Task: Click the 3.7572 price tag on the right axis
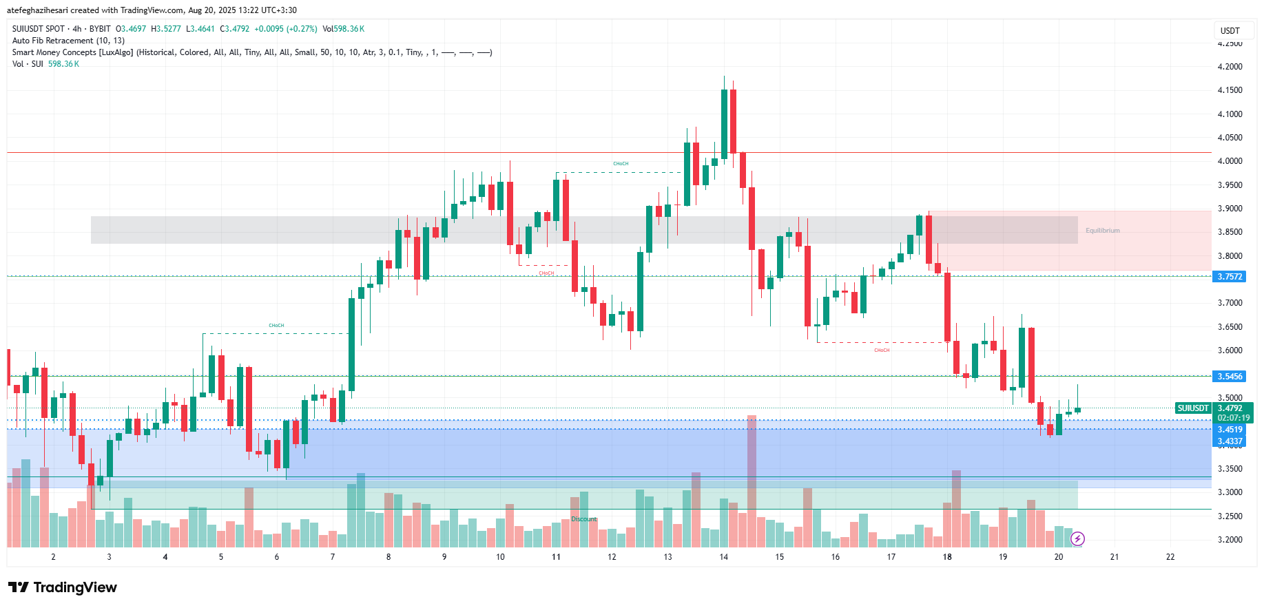tap(1230, 277)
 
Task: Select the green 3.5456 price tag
tap(1230, 377)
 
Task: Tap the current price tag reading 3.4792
tap(1230, 408)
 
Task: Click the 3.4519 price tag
tap(1230, 430)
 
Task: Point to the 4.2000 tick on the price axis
tap(1230, 67)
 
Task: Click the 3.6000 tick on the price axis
tap(1230, 350)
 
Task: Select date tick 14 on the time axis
tap(723, 557)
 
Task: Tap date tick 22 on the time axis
tap(1170, 557)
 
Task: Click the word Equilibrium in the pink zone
tap(1102, 231)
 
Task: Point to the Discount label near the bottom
tap(584, 519)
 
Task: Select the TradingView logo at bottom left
tap(63, 587)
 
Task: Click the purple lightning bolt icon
tap(1078, 538)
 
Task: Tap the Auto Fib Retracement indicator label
tap(68, 41)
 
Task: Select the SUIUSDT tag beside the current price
tap(1193, 408)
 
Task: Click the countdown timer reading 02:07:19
tap(1233, 418)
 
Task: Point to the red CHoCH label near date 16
tap(882, 350)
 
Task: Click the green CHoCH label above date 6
tap(276, 326)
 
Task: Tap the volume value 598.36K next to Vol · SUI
tap(63, 64)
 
